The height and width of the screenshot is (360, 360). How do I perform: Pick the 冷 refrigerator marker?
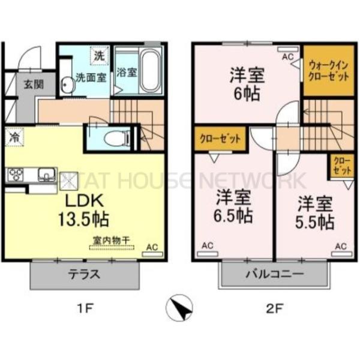13,137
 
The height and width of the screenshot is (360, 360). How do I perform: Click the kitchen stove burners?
15,175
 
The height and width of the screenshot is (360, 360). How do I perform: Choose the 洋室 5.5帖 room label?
313,212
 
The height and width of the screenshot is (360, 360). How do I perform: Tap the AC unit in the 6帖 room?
288,57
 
